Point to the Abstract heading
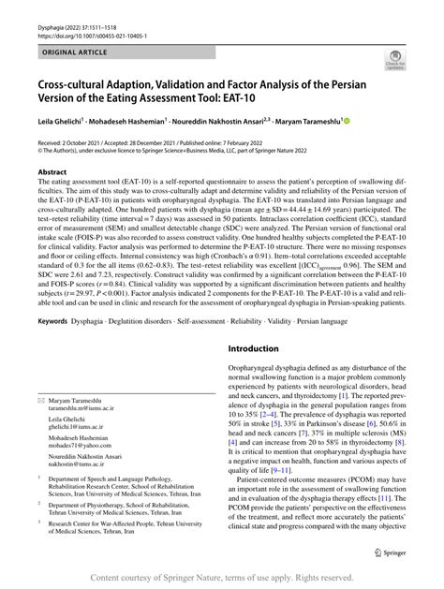(x=52, y=173)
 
